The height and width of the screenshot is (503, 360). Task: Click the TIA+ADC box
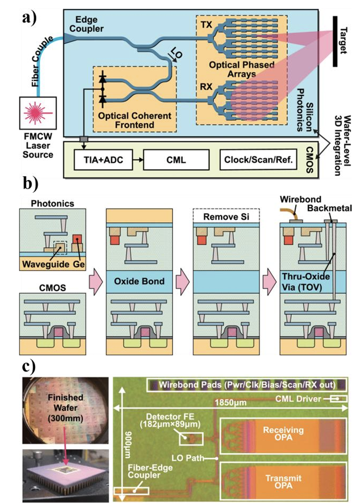(x=101, y=159)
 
